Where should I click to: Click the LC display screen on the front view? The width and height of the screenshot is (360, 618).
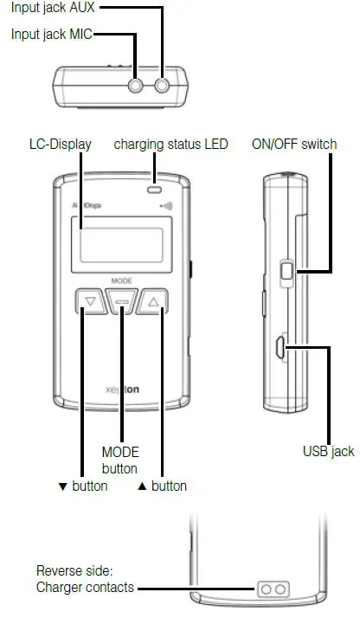pos(121,241)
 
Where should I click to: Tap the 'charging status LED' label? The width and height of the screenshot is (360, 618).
pos(171,144)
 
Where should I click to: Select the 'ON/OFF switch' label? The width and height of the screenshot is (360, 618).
pos(294,144)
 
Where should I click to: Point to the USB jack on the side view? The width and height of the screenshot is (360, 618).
pos(281,348)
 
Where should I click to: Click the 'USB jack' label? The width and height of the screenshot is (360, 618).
pos(328,451)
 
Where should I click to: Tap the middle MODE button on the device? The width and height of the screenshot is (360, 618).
pos(121,303)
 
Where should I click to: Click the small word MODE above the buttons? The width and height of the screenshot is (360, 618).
pos(121,280)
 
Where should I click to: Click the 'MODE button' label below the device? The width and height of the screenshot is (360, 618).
pos(120,460)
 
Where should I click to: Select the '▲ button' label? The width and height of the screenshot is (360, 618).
pos(162,486)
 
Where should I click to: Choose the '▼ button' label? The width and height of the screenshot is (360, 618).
pos(82,486)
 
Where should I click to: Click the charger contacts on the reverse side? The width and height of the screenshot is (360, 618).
pos(273,589)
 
